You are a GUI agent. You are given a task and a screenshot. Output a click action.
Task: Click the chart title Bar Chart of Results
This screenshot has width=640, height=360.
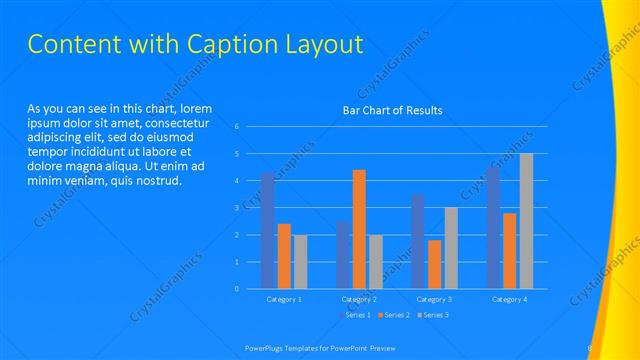point(392,110)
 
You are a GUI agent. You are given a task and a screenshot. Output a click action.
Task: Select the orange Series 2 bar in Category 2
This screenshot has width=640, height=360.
point(359,229)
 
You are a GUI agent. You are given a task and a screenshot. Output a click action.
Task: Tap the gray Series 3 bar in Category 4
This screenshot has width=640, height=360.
point(526,221)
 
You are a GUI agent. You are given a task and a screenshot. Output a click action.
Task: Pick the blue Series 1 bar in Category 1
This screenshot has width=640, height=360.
point(267,231)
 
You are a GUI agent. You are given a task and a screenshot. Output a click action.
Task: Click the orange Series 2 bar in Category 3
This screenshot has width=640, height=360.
point(434,264)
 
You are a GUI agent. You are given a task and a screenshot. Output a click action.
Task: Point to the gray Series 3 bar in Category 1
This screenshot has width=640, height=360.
point(300,262)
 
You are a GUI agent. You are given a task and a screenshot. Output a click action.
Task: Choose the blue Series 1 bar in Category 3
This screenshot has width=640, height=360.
point(418,241)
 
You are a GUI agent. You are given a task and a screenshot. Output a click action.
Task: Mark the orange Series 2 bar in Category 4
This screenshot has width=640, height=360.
point(510,251)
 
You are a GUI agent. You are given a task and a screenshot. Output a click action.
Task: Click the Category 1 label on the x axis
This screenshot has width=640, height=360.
point(284,299)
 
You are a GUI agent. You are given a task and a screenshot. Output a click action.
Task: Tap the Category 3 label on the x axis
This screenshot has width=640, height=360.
point(435,299)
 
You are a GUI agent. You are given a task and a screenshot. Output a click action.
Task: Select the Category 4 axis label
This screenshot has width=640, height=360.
point(510,299)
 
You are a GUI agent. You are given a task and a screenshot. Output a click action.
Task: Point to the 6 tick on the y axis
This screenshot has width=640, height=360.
point(237,127)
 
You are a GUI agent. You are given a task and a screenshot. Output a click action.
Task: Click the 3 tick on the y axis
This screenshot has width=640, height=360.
point(237,208)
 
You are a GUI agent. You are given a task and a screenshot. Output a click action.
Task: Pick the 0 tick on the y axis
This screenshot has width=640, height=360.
point(237,289)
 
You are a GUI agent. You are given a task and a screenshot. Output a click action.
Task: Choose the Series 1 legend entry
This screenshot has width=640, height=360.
point(356,315)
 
